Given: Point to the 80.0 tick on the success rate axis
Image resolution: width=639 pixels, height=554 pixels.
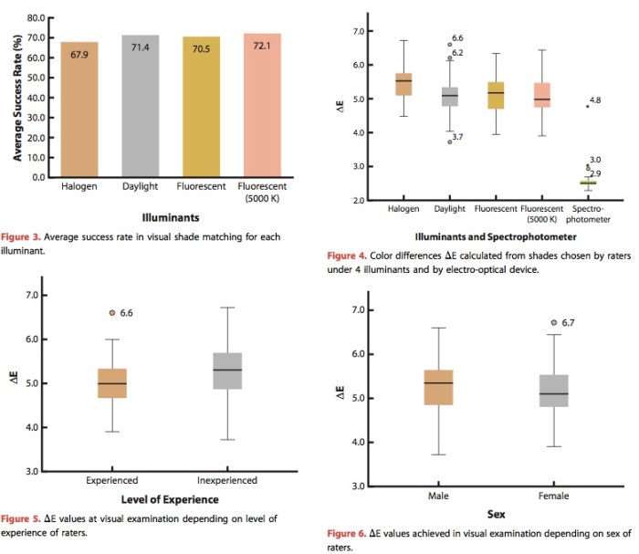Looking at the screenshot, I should click(34, 18).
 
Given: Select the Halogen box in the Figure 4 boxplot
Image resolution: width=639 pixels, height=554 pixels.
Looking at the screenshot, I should click(403, 84).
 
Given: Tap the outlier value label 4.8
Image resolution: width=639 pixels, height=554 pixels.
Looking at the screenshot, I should click(594, 99).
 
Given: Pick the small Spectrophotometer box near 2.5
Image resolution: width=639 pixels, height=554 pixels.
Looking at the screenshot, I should click(587, 183).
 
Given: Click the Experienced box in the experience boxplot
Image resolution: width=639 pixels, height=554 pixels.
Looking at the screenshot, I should click(111, 382).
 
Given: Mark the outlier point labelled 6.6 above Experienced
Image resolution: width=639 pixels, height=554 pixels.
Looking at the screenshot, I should click(111, 312).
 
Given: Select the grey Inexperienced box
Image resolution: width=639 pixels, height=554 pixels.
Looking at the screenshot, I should click(227, 371).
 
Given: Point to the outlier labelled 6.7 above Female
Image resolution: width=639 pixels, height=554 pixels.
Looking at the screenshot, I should click(554, 322).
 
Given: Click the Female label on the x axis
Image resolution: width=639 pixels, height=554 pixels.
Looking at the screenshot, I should click(554, 496).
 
